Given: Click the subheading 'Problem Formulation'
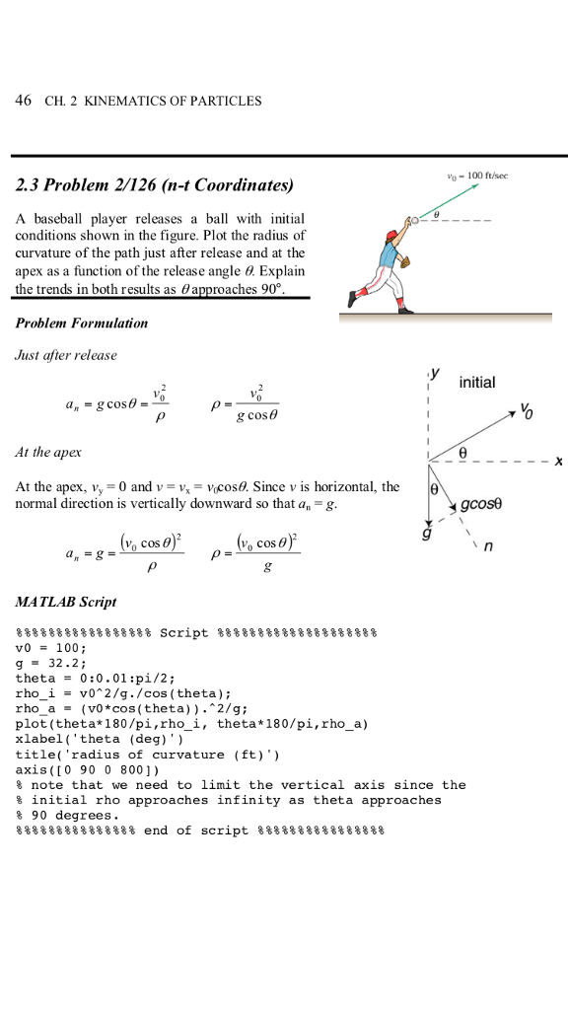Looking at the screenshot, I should click(82, 323).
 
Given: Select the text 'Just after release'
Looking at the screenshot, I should click(66, 354).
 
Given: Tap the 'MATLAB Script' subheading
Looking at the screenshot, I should click(66, 601).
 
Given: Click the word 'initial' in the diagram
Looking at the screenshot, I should click(477, 382).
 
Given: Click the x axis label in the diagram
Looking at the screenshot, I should click(558, 461).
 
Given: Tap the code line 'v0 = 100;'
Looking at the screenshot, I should click(52, 647).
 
